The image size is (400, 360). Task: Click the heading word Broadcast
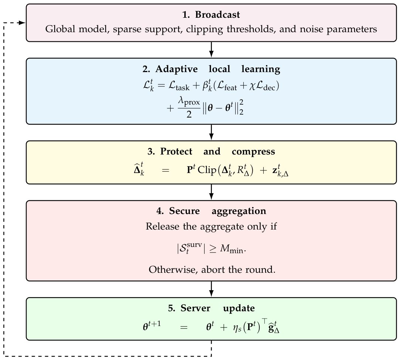coord(217,14)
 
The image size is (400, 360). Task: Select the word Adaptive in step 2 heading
coord(177,69)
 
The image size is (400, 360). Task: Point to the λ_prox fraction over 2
coord(189,108)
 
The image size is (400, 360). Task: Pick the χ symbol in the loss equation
coord(252,86)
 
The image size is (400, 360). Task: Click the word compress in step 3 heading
coord(253,152)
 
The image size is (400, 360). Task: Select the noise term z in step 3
coord(280,170)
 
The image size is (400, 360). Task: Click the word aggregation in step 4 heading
coord(239,211)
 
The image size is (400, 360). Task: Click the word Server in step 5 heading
coord(195,308)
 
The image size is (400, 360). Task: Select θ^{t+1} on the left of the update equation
coord(152,326)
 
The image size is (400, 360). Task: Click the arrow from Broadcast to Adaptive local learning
coord(211,50)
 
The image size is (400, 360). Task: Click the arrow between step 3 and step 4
coord(211,192)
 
